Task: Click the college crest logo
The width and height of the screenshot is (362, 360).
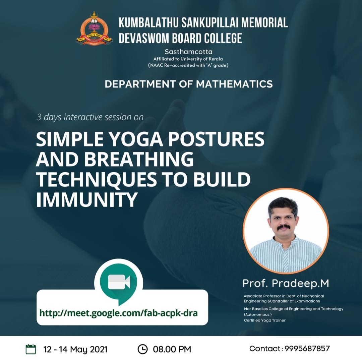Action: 94,28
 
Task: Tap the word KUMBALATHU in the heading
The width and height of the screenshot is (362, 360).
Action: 149,23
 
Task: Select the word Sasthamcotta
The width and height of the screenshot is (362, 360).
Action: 188,52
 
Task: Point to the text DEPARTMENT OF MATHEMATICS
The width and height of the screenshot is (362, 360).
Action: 189,84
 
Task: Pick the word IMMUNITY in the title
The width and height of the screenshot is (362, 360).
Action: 87,200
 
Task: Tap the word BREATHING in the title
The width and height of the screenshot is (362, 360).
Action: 139,159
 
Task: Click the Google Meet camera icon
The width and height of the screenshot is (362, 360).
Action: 119,282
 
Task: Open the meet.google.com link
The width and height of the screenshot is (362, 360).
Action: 118,313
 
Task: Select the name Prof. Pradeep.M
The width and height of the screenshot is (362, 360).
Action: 286,283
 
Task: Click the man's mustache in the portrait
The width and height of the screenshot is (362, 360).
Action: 284,228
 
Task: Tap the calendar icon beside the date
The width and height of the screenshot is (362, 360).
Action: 31,349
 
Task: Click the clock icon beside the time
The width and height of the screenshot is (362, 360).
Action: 142,349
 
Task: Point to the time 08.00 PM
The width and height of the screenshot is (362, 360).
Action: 172,349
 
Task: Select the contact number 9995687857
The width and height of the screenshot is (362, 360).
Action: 307,349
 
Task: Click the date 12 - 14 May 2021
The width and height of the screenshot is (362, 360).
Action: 75,349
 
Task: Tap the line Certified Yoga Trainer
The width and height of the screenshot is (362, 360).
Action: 265,320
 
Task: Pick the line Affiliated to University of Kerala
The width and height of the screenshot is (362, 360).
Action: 188,59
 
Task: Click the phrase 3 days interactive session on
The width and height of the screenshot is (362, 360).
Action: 90,117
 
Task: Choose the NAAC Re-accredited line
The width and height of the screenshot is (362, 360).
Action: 188,65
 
